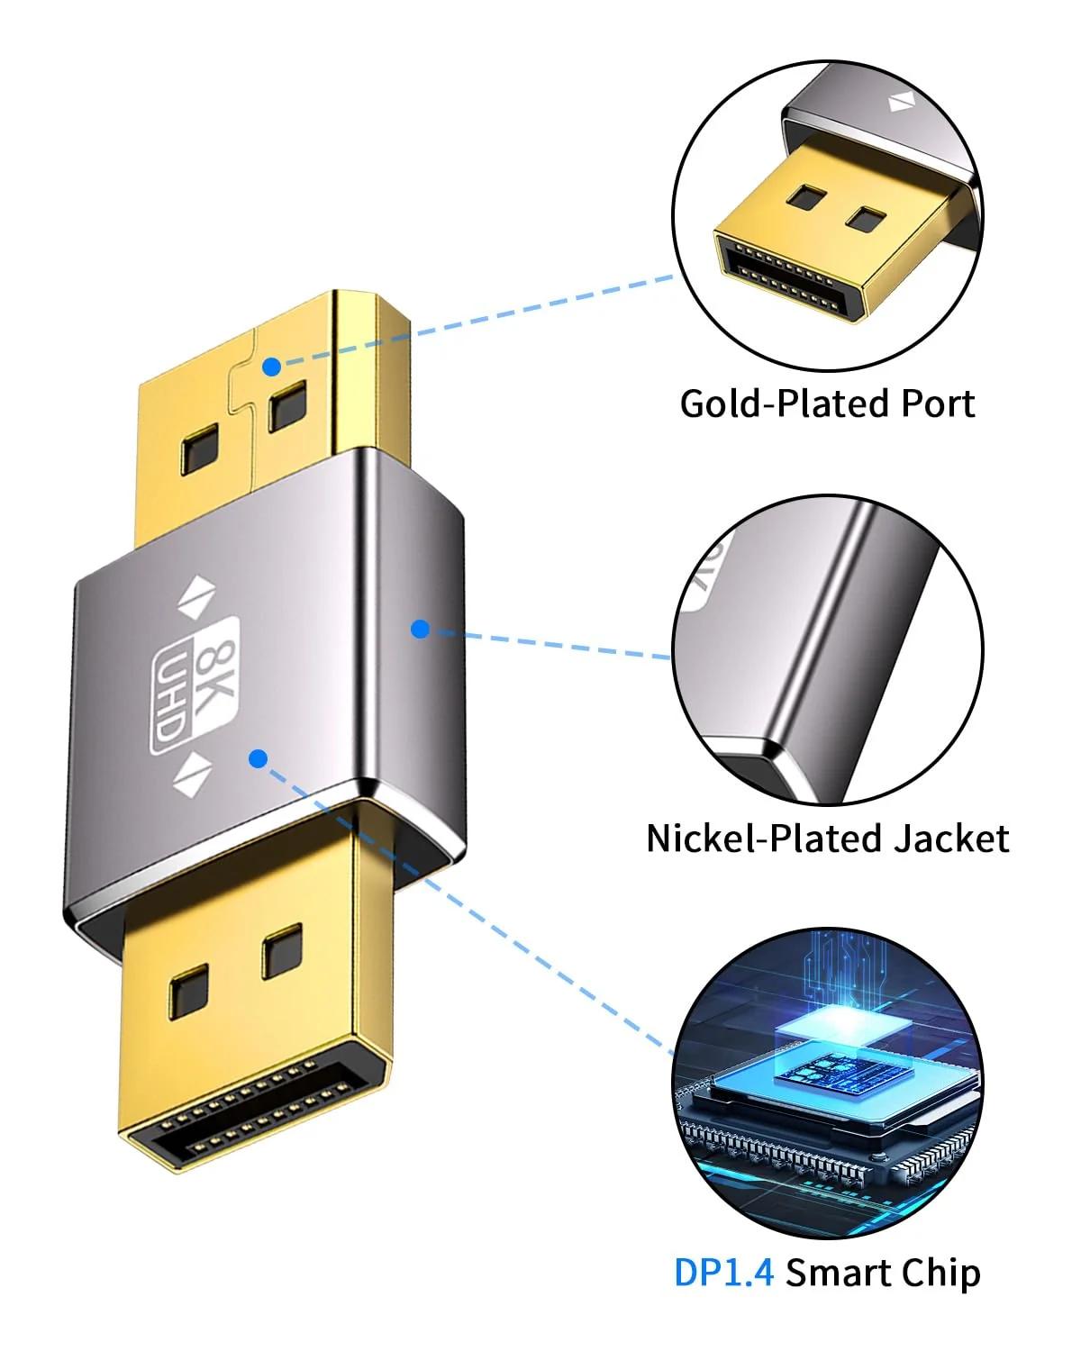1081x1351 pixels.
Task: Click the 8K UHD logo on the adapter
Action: [x=195, y=685]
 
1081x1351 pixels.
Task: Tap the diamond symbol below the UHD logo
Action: [x=192, y=774]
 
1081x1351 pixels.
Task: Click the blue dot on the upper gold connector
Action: [x=271, y=367]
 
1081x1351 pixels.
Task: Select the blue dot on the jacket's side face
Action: [x=420, y=629]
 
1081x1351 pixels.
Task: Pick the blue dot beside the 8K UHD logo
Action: [x=259, y=758]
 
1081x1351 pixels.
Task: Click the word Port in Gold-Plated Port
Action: [x=938, y=403]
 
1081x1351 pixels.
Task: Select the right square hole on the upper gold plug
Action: [x=287, y=406]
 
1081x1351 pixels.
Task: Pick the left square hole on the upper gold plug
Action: [x=200, y=448]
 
